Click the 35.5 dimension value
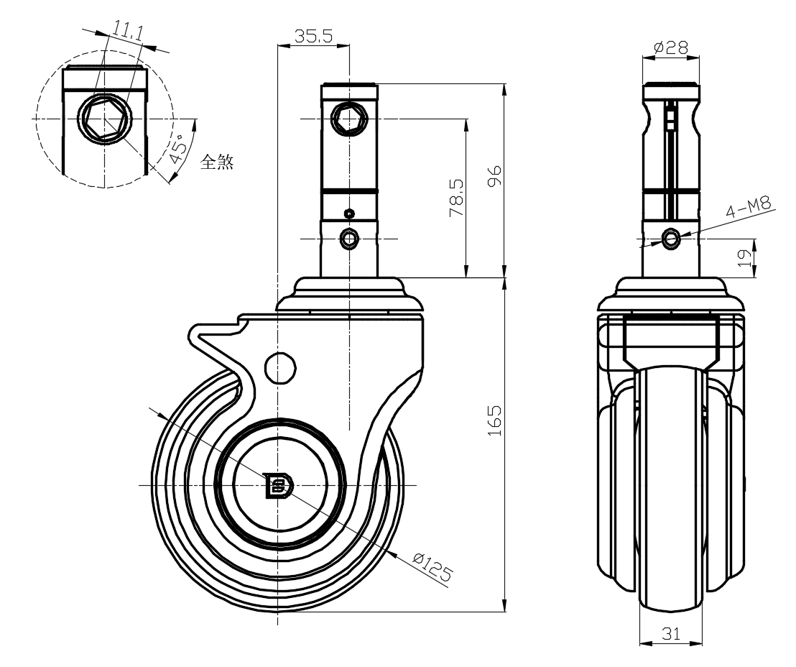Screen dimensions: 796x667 pyautogui.click(x=313, y=36)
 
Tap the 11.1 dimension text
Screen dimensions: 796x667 pyautogui.click(x=127, y=32)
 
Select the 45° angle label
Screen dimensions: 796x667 pyautogui.click(x=178, y=149)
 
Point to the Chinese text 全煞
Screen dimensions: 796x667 pyautogui.click(x=217, y=162)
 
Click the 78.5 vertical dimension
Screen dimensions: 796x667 pyautogui.click(x=456, y=198)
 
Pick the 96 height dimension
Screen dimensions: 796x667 pyautogui.click(x=494, y=175)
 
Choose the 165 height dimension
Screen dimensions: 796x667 pyautogui.click(x=494, y=420)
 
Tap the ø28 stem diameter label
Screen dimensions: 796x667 pyautogui.click(x=671, y=47)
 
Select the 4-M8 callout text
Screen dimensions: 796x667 pyautogui.click(x=748, y=207)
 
